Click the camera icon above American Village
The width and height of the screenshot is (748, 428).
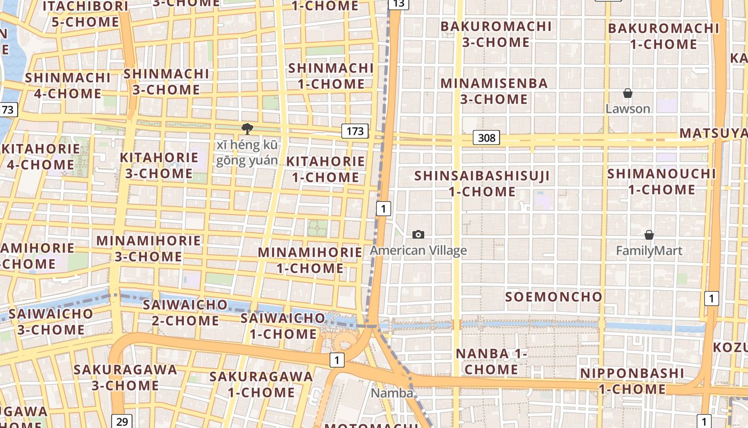[x=418, y=234]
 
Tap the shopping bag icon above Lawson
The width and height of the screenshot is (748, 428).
[x=628, y=94]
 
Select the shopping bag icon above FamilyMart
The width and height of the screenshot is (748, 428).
[x=649, y=235]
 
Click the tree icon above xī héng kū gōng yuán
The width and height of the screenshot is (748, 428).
[x=247, y=128]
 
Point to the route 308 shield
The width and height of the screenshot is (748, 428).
[x=486, y=138]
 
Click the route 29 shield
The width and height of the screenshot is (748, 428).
[x=122, y=421]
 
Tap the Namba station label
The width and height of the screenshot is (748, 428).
[x=392, y=393]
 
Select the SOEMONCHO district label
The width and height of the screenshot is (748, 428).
[x=554, y=297]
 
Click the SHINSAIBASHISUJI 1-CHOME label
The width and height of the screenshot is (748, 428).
[x=482, y=184]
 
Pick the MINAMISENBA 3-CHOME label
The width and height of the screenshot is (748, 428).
[x=494, y=91]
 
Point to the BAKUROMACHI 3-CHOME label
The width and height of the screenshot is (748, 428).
[x=496, y=34]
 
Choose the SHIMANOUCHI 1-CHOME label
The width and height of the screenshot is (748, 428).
[x=661, y=181]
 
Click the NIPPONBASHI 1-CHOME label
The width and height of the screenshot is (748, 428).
[x=633, y=381]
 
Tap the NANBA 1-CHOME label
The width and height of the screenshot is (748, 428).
[x=492, y=362]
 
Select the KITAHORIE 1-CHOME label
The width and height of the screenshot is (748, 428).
[x=325, y=169]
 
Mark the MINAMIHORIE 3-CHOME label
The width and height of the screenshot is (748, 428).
[x=149, y=248]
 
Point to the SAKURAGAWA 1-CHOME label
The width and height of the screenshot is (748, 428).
[x=261, y=384]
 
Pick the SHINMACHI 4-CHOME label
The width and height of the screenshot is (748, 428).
[x=67, y=86]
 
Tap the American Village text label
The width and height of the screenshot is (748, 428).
[x=418, y=250]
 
